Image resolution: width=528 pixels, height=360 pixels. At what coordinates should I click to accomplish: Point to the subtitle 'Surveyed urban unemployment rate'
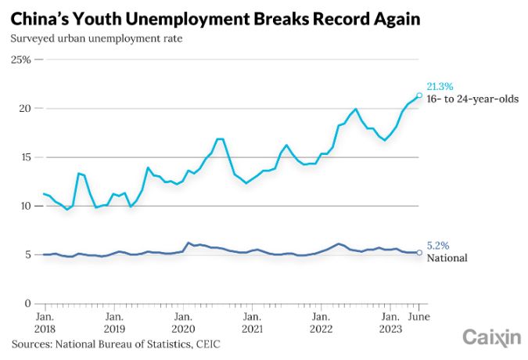tap(97, 38)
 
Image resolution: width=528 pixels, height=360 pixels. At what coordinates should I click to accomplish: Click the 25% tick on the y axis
tap(20, 59)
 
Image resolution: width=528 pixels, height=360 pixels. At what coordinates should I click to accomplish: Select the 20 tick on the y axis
tap(24, 108)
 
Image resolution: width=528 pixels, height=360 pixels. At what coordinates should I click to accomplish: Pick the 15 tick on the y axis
tap(24, 157)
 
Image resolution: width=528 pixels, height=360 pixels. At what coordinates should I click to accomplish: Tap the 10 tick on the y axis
tap(24, 206)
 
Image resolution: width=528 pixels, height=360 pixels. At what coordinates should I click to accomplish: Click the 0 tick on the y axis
tap(27, 304)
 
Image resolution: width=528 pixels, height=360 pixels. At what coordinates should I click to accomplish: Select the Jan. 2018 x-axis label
tap(45, 323)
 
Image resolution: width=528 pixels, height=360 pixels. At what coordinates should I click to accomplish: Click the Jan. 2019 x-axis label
tap(113, 323)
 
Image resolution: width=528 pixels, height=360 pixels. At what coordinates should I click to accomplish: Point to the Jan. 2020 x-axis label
tap(182, 323)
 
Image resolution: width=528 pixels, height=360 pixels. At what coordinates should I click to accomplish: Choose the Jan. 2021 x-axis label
tap(251, 323)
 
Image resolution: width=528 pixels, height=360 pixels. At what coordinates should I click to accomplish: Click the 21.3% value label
tap(440, 86)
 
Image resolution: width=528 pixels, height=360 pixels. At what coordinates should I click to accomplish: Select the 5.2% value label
tap(437, 245)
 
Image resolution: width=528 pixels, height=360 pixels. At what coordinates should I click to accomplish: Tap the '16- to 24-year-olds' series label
tap(472, 99)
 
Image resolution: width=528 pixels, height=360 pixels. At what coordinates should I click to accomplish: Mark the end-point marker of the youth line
tap(420, 95)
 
